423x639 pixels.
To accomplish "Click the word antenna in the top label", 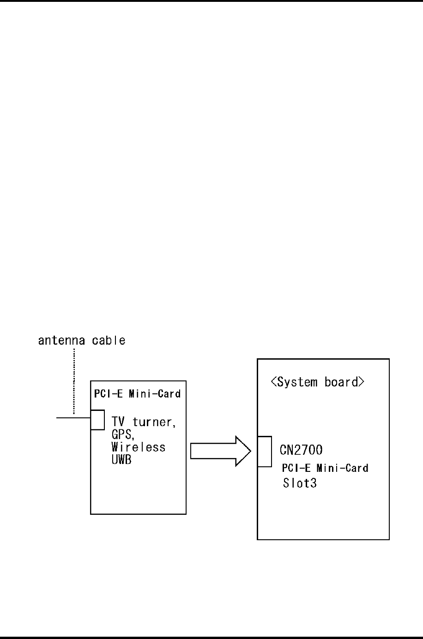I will (58, 341).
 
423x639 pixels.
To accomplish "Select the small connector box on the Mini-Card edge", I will (97, 420).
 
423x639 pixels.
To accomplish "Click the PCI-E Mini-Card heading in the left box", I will (137, 394).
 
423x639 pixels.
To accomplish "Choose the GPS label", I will (122, 435).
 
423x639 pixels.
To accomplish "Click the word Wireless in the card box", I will (138, 447).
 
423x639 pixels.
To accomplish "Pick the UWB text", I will (121, 460).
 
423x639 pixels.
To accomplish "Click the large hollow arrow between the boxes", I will (220, 451).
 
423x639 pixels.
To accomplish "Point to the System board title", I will (317, 382).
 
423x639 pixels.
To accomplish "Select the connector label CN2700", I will (301, 450).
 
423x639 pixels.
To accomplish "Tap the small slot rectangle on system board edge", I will (265, 452).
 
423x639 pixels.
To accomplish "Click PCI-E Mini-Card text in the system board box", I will (325, 468).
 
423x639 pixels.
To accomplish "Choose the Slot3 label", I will (300, 484).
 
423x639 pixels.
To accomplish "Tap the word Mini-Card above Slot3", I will (342, 468).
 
